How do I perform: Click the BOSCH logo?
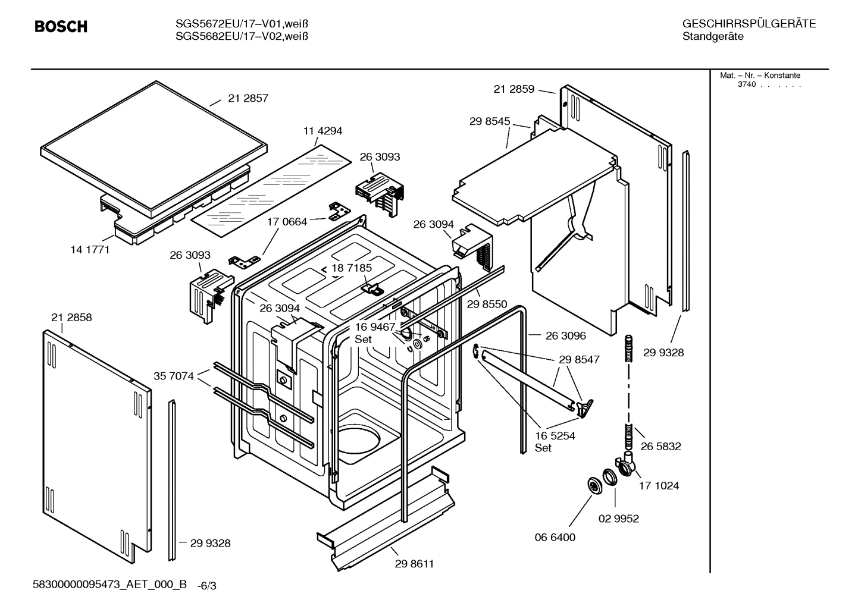(61, 27)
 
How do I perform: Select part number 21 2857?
(248, 99)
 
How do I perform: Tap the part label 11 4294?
(322, 131)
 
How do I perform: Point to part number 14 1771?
(90, 250)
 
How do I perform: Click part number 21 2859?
(513, 89)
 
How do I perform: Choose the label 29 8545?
(489, 121)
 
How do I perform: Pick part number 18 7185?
(351, 268)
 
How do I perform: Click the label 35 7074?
(173, 376)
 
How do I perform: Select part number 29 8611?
(414, 564)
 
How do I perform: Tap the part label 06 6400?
(555, 538)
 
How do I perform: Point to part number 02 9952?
(618, 519)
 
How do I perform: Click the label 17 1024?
(659, 486)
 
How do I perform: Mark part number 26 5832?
(660, 446)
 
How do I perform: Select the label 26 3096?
(565, 336)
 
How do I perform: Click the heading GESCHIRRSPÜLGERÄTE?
(749, 24)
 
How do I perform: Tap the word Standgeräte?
(712, 37)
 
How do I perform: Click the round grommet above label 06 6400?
(594, 485)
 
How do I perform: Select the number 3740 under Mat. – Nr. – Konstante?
(746, 84)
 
